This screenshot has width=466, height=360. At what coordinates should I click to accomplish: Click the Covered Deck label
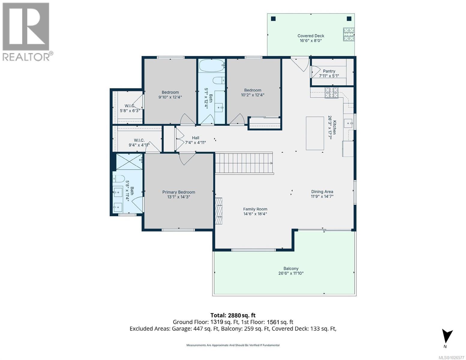(x=311, y=36)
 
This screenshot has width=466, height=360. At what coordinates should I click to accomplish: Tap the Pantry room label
(x=329, y=71)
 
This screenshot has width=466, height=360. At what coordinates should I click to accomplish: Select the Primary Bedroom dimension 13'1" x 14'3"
(x=179, y=197)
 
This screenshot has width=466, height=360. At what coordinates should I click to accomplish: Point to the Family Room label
(x=255, y=209)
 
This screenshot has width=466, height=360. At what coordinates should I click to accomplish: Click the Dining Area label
(x=322, y=192)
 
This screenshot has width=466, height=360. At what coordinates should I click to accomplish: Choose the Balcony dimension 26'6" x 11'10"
(x=291, y=273)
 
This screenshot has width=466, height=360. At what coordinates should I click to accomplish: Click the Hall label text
(x=196, y=138)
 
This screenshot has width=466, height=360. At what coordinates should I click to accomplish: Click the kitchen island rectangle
(x=315, y=133)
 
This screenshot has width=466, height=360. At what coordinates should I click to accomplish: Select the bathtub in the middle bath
(x=212, y=65)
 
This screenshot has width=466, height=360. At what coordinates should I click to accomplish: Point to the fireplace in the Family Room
(x=219, y=211)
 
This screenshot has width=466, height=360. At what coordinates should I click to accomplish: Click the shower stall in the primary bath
(x=129, y=162)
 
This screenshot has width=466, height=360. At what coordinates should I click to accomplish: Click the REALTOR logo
(x=26, y=32)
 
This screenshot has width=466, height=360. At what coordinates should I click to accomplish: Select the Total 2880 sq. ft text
(x=233, y=315)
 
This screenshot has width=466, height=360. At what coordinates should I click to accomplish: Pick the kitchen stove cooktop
(x=332, y=93)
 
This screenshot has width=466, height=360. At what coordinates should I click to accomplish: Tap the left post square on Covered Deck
(x=273, y=19)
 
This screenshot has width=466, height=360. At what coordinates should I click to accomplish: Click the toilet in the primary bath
(x=119, y=178)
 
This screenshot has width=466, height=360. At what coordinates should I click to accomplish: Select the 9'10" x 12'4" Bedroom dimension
(x=170, y=97)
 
